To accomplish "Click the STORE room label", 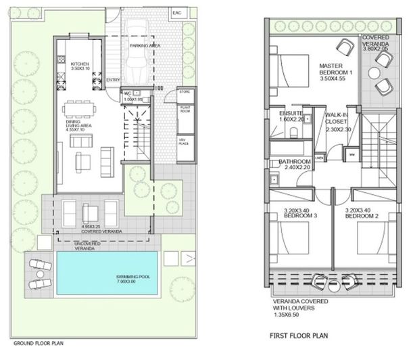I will (x=185, y=91).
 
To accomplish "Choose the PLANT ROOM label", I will (x=185, y=110).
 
